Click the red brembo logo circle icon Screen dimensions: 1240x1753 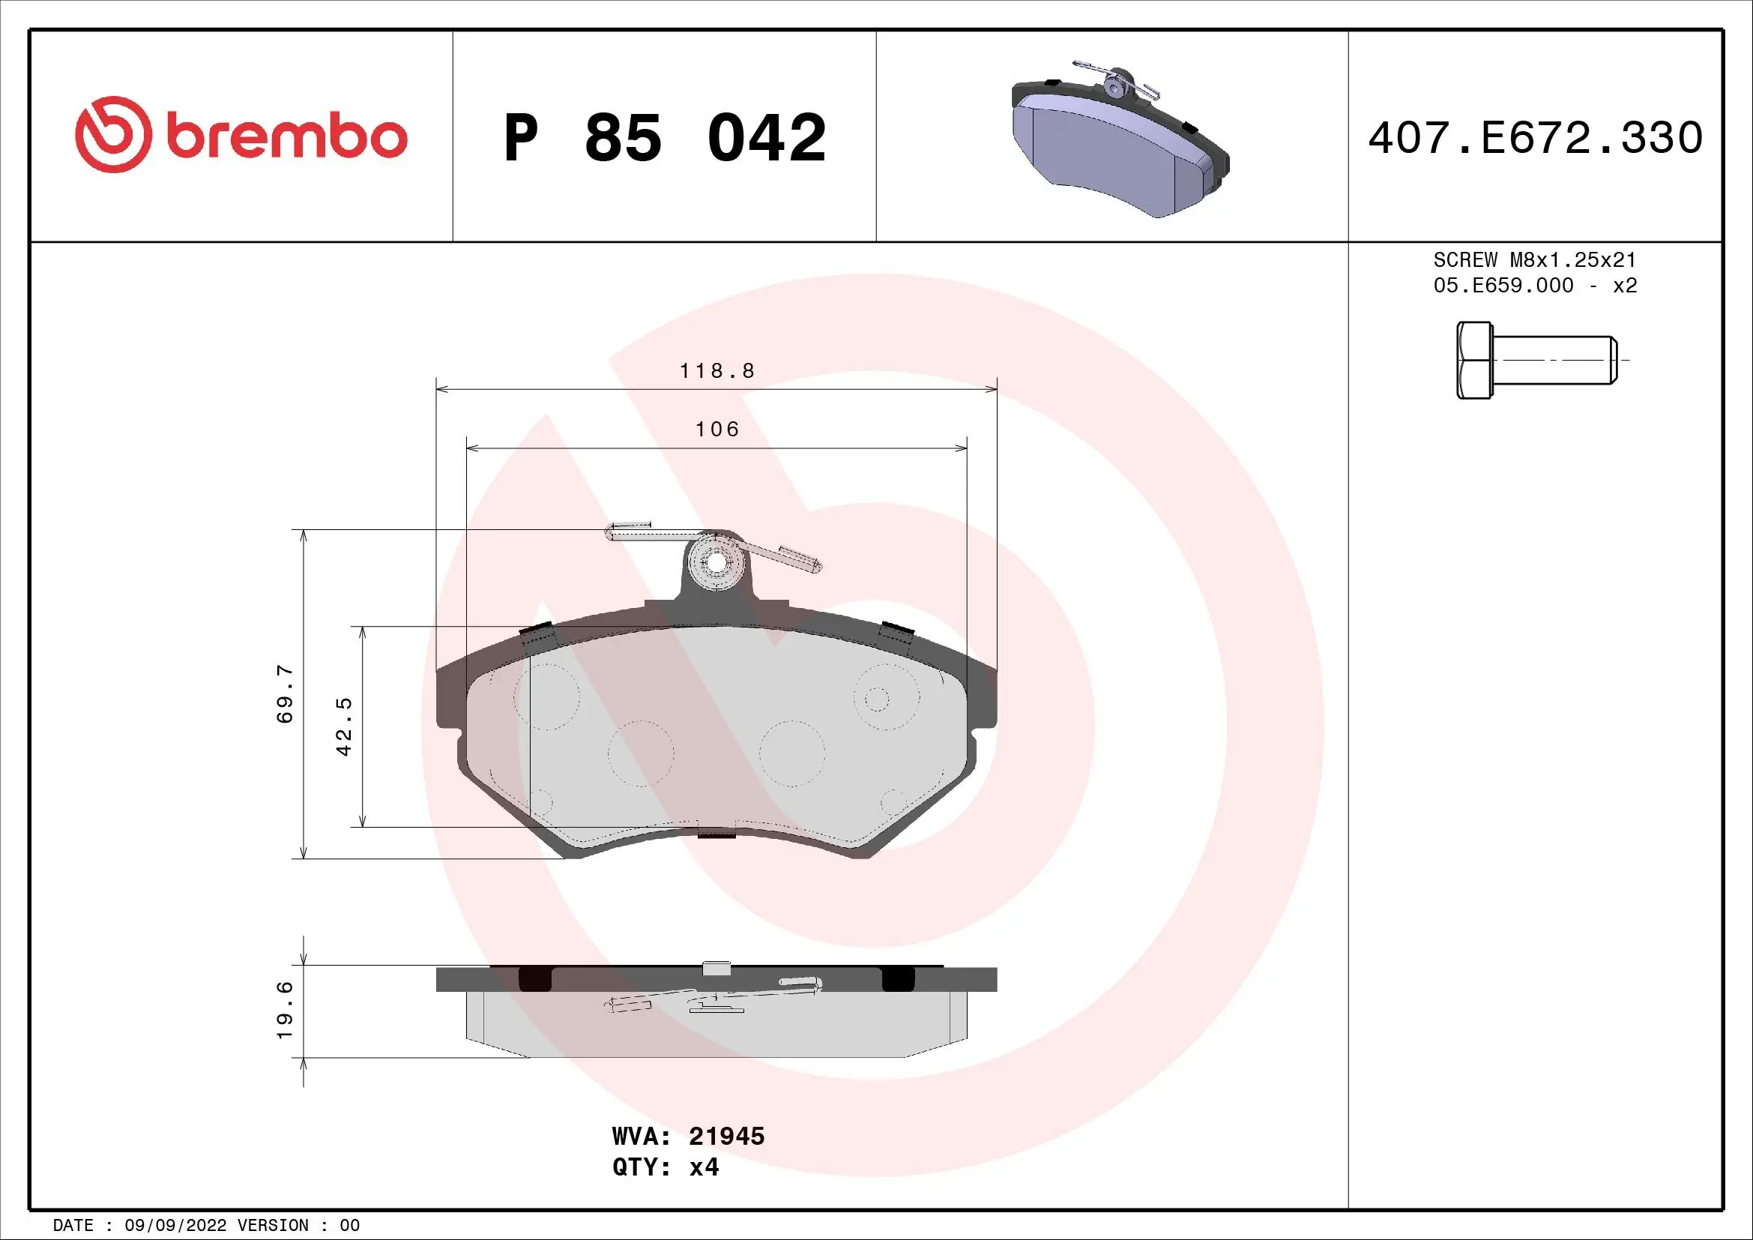pyautogui.click(x=109, y=134)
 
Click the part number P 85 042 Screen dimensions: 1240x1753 pyautogui.click(x=664, y=138)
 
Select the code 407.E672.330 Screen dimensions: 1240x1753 pyautogui.click(x=1535, y=138)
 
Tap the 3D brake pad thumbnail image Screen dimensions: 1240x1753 pyautogui.click(x=1119, y=142)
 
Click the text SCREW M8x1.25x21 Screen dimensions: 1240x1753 pyautogui.click(x=1535, y=259)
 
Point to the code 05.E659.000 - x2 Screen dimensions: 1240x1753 pyautogui.click(x=1535, y=286)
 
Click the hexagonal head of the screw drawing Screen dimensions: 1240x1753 pyautogui.click(x=1473, y=360)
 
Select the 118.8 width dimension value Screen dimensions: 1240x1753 pyautogui.click(x=717, y=371)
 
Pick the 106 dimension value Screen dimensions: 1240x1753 pyautogui.click(x=717, y=430)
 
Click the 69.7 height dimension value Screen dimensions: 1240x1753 pyautogui.click(x=285, y=693)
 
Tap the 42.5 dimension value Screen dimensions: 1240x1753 pyautogui.click(x=344, y=726)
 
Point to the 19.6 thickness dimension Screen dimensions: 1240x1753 pyautogui.click(x=285, y=1010)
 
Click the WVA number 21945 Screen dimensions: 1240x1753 pyautogui.click(x=726, y=1136)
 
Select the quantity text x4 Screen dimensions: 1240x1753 pyautogui.click(x=703, y=1167)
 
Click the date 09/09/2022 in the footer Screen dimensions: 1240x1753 pyautogui.click(x=175, y=1226)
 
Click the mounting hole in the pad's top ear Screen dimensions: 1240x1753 pyautogui.click(x=716, y=563)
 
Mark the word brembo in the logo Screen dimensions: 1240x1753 pyautogui.click(x=286, y=137)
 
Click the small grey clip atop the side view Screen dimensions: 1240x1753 pyautogui.click(x=716, y=968)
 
